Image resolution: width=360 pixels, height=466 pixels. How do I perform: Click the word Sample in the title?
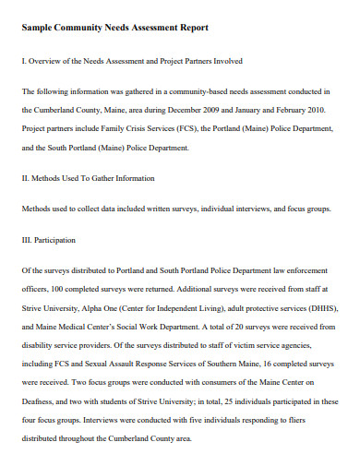pos(38,28)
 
